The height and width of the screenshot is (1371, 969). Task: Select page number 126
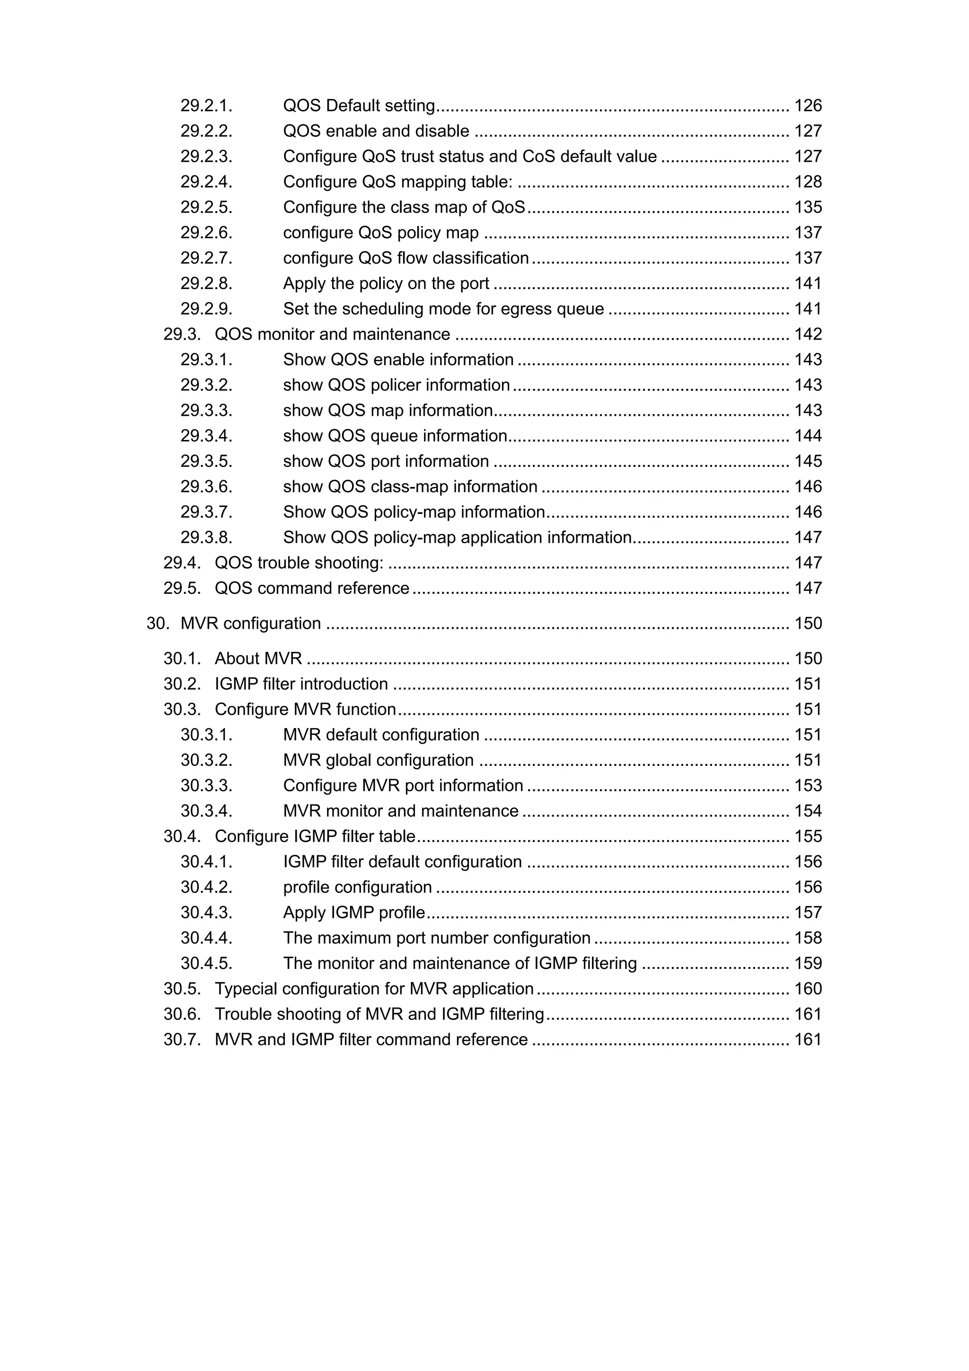(807, 105)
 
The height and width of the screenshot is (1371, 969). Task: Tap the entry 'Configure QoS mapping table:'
(397, 182)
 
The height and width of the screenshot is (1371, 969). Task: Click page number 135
(807, 207)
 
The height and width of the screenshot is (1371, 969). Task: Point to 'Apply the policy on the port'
(386, 284)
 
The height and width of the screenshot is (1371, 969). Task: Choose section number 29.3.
(182, 334)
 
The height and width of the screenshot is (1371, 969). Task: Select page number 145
(807, 462)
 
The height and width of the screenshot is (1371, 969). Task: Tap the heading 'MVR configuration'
(250, 624)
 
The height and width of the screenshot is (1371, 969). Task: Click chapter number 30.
(158, 624)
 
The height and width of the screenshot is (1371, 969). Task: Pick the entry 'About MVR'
(258, 659)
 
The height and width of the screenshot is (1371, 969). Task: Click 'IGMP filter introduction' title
(301, 684)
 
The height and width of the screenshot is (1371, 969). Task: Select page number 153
(807, 786)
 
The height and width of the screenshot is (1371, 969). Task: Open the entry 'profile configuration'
(357, 888)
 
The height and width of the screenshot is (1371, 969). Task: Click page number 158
(807, 938)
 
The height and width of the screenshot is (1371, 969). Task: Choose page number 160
(807, 989)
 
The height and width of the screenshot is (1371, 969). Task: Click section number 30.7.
(182, 1039)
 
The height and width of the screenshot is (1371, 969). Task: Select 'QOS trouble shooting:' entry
(299, 563)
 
